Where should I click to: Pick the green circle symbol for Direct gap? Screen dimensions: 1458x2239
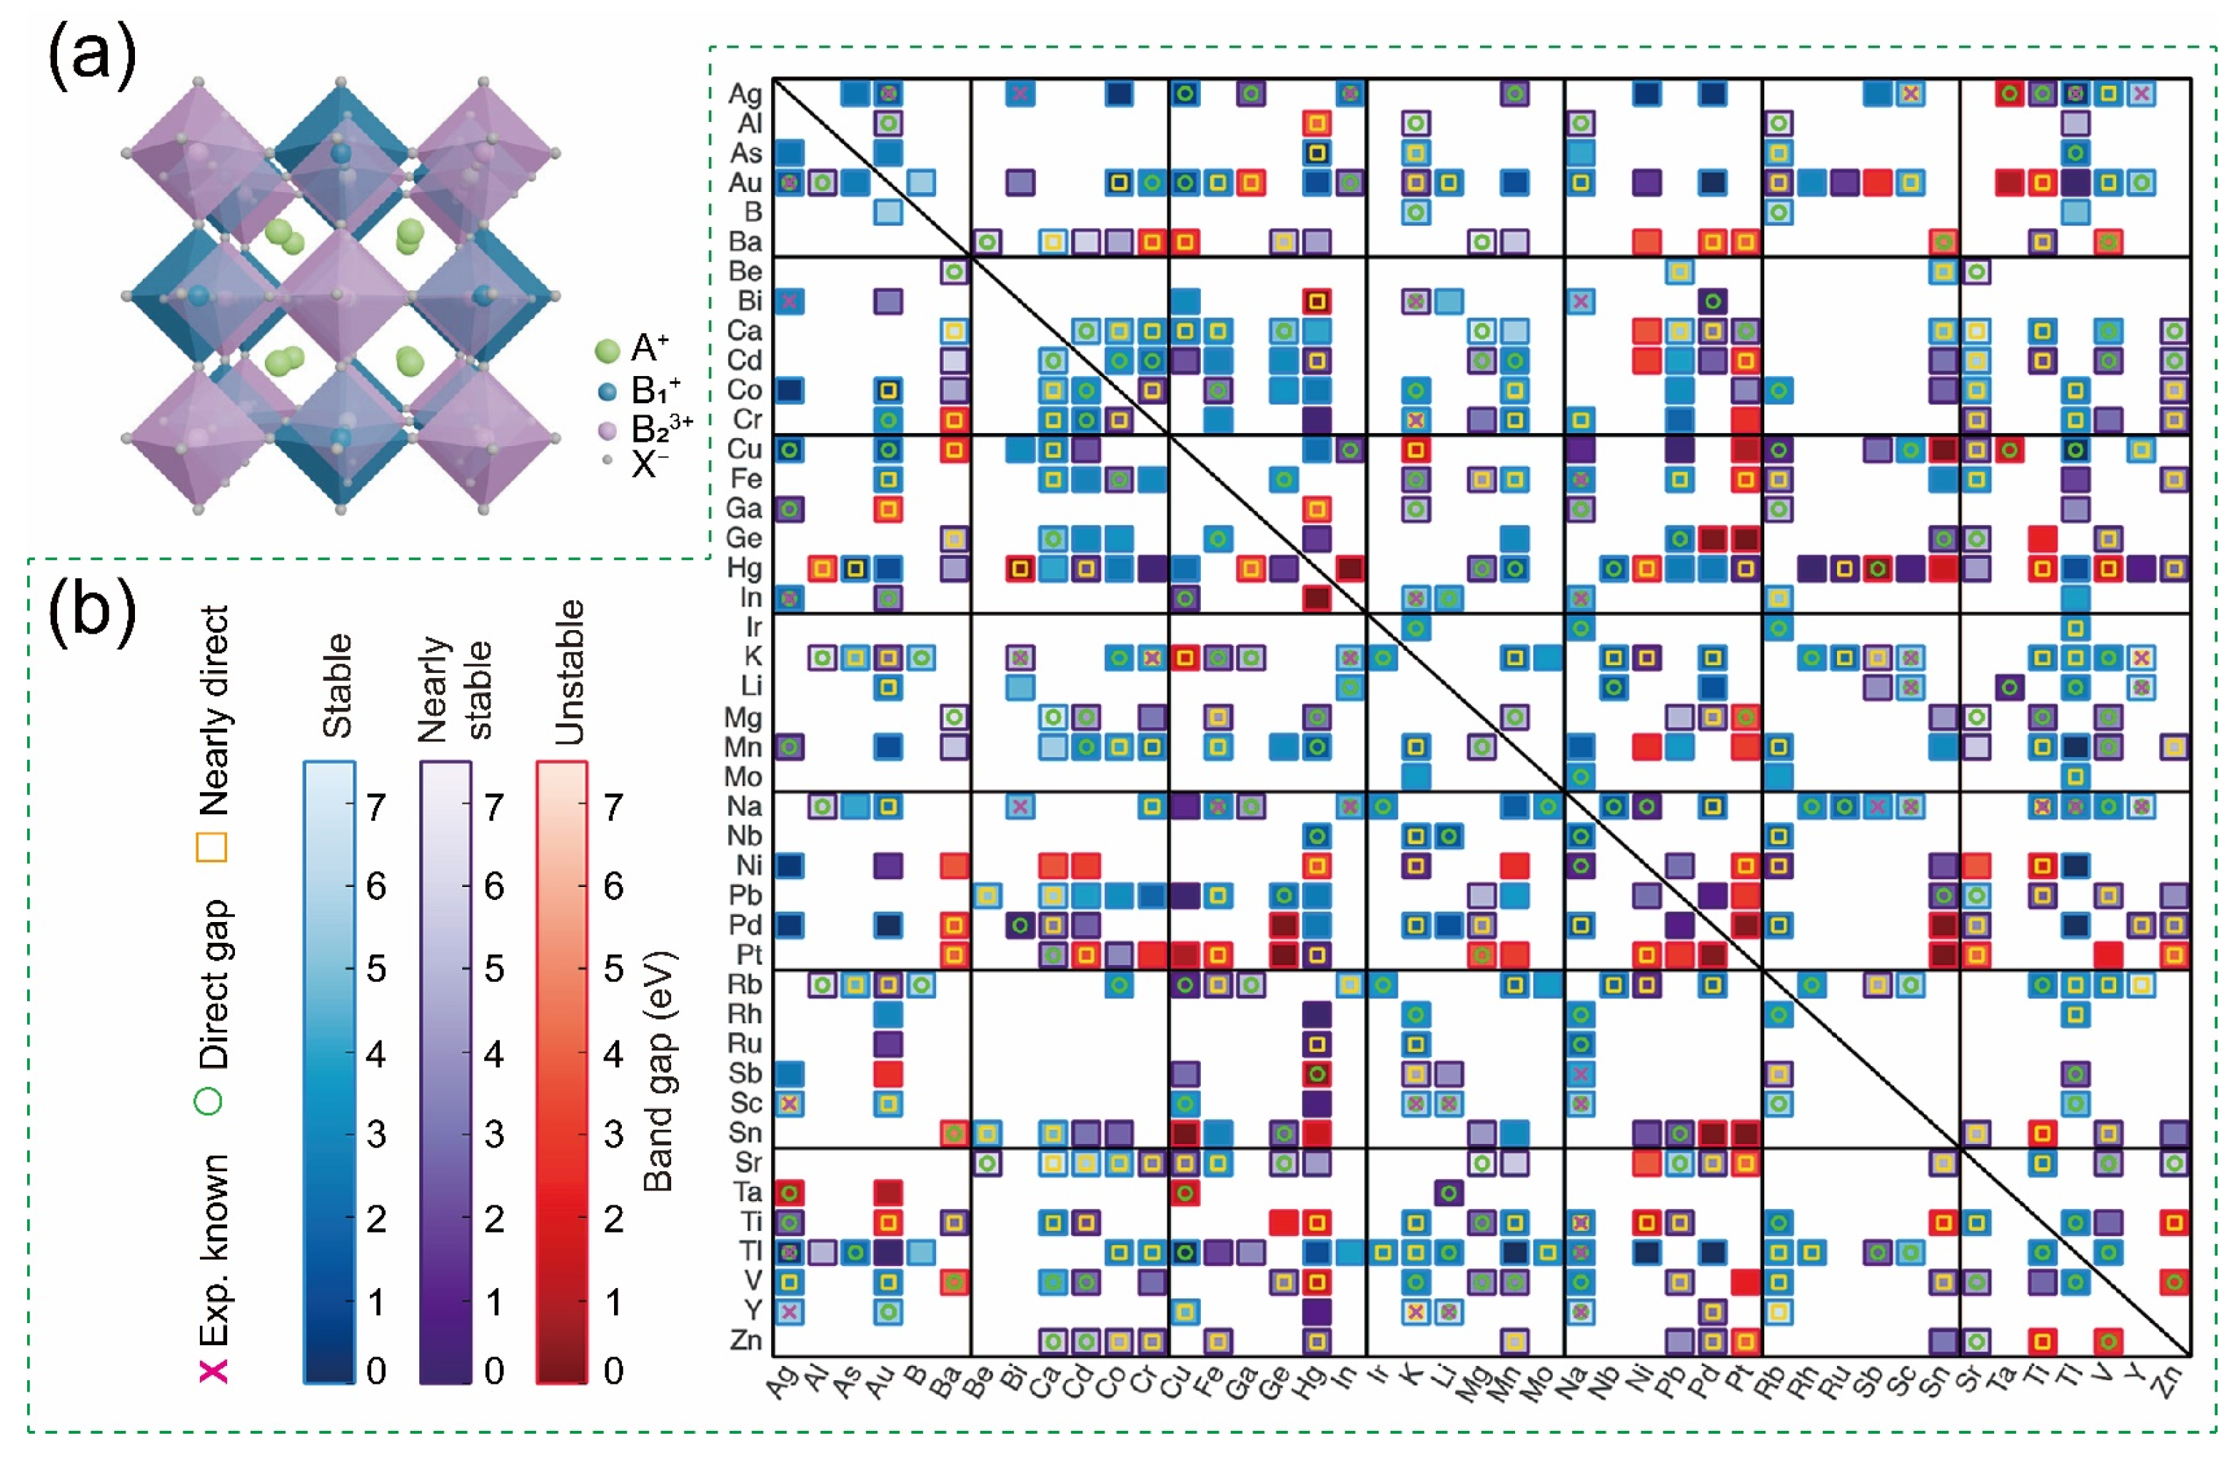point(209,1101)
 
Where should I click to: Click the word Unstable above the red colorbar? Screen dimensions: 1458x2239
point(569,672)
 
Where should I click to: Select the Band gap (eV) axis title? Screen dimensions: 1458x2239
point(658,1073)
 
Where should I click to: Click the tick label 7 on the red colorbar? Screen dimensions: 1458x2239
point(613,807)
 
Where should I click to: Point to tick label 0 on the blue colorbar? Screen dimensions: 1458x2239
point(376,1370)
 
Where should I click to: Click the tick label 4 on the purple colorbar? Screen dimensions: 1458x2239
point(494,1053)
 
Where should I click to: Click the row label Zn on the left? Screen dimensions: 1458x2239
point(745,1340)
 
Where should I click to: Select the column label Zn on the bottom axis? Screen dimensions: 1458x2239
point(2167,1383)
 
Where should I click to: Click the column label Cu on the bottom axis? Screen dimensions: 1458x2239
point(1174,1383)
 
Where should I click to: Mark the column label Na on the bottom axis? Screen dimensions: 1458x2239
point(1571,1383)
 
